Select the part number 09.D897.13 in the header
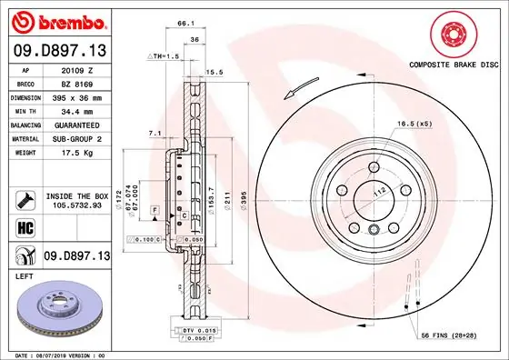pyautogui.click(x=59, y=48)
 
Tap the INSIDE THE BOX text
pyautogui.click(x=76, y=196)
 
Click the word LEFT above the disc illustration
pyautogui.click(x=25, y=274)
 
